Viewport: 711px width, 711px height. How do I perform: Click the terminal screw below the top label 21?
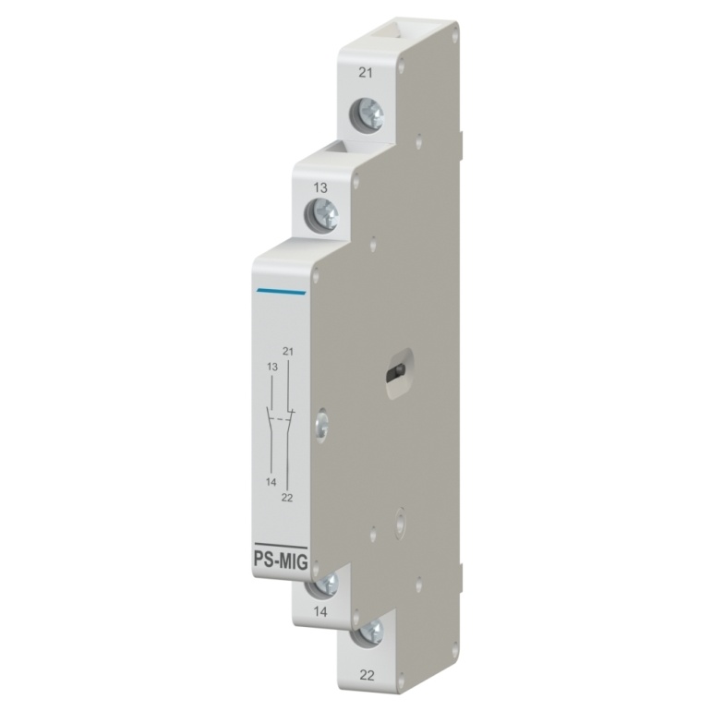(367, 114)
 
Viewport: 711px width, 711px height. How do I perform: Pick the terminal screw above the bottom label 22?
(368, 632)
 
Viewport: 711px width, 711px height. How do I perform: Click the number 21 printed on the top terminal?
(366, 73)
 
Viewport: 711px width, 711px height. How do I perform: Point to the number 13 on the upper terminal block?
(320, 187)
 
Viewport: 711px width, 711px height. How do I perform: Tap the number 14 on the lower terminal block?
(320, 612)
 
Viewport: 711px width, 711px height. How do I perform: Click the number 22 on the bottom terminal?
(367, 676)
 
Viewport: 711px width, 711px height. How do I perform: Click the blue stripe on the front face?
(281, 292)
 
